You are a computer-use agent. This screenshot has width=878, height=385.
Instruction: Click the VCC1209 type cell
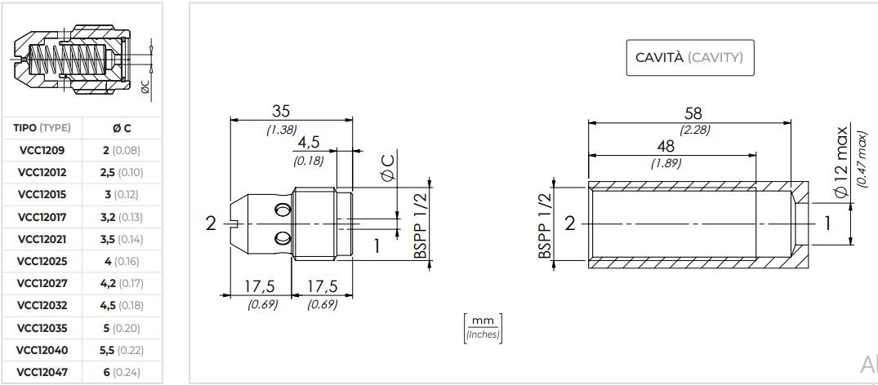point(42,151)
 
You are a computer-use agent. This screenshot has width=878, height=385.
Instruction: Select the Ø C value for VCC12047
point(122,372)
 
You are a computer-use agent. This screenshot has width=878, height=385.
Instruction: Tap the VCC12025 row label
point(42,261)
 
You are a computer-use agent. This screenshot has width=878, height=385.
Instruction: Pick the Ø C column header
point(122,128)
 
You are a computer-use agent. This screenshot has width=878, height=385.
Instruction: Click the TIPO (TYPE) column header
point(42,128)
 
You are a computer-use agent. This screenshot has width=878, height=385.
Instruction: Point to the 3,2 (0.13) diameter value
point(122,217)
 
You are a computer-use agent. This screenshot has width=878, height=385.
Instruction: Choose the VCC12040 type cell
point(42,350)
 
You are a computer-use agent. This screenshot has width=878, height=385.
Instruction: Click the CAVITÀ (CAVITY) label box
point(690,58)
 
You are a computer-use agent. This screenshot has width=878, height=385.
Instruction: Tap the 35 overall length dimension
point(281,112)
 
